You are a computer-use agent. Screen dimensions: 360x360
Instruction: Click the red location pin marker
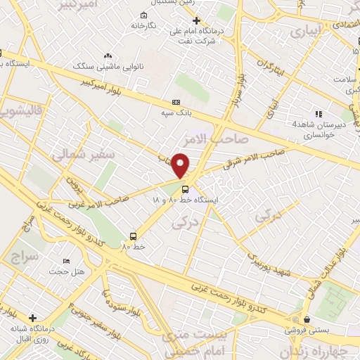(181, 165)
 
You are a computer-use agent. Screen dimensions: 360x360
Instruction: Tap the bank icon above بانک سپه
(176, 102)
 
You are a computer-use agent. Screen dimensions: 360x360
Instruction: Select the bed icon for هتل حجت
(67, 261)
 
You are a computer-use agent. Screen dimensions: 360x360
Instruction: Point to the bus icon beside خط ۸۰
(133, 236)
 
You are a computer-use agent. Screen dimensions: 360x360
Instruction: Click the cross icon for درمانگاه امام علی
(196, 20)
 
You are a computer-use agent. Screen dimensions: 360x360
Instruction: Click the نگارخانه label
(143, 25)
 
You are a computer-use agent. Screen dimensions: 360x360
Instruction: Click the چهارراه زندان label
(317, 352)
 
